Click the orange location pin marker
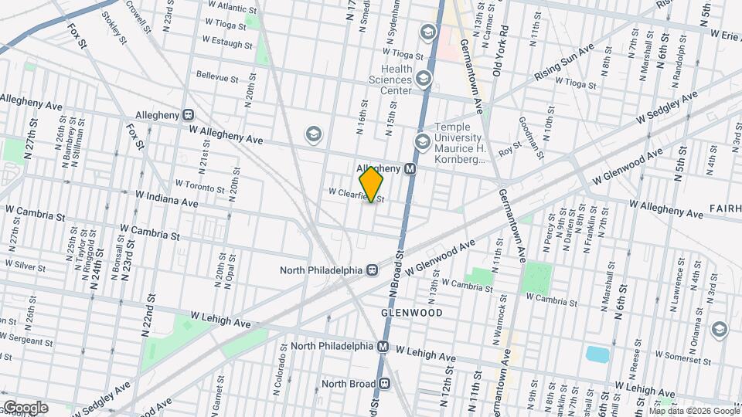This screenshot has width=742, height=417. click(x=372, y=185)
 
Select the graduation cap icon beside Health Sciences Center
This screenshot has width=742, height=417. click(x=423, y=78)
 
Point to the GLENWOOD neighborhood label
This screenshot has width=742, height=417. click(x=411, y=313)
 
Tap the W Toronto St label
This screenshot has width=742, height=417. click(x=200, y=186)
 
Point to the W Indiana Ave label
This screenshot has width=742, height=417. click(x=166, y=199)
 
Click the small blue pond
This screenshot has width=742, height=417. click(x=597, y=354)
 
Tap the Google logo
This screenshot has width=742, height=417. click(x=25, y=408)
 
